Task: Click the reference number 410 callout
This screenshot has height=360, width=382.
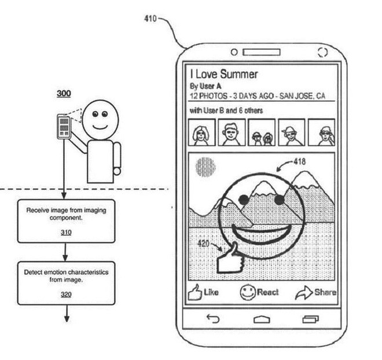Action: (149, 19)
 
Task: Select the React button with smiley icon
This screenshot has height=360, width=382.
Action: (260, 292)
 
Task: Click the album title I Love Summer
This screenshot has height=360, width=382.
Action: (224, 74)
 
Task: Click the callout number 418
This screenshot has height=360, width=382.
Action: (299, 161)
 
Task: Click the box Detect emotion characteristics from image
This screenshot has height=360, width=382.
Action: (65, 282)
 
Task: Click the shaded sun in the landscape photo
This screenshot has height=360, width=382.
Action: (205, 167)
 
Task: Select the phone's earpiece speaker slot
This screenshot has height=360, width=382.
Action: (262, 53)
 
